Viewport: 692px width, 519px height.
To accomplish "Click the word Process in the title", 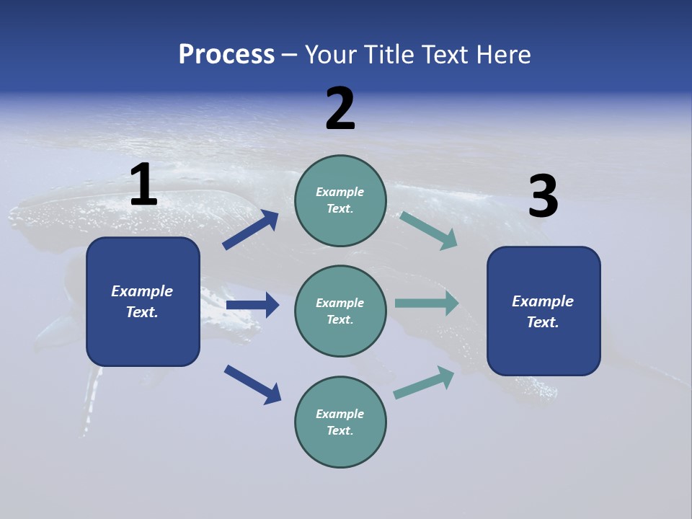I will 226,55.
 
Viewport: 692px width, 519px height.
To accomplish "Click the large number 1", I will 143,185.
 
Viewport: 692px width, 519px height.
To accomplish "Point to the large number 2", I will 340,109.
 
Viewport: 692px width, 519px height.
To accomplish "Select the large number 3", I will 543,198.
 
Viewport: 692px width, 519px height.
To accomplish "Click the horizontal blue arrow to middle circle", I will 252,305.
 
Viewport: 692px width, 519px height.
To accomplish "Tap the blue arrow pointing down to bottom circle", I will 252,384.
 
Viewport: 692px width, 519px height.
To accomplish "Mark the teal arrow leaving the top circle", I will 429,231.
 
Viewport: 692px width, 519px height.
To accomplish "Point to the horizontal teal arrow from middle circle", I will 427,303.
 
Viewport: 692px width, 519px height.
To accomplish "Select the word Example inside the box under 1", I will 142,291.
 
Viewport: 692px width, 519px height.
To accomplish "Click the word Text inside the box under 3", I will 542,322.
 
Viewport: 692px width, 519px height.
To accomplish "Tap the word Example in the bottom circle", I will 340,414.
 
